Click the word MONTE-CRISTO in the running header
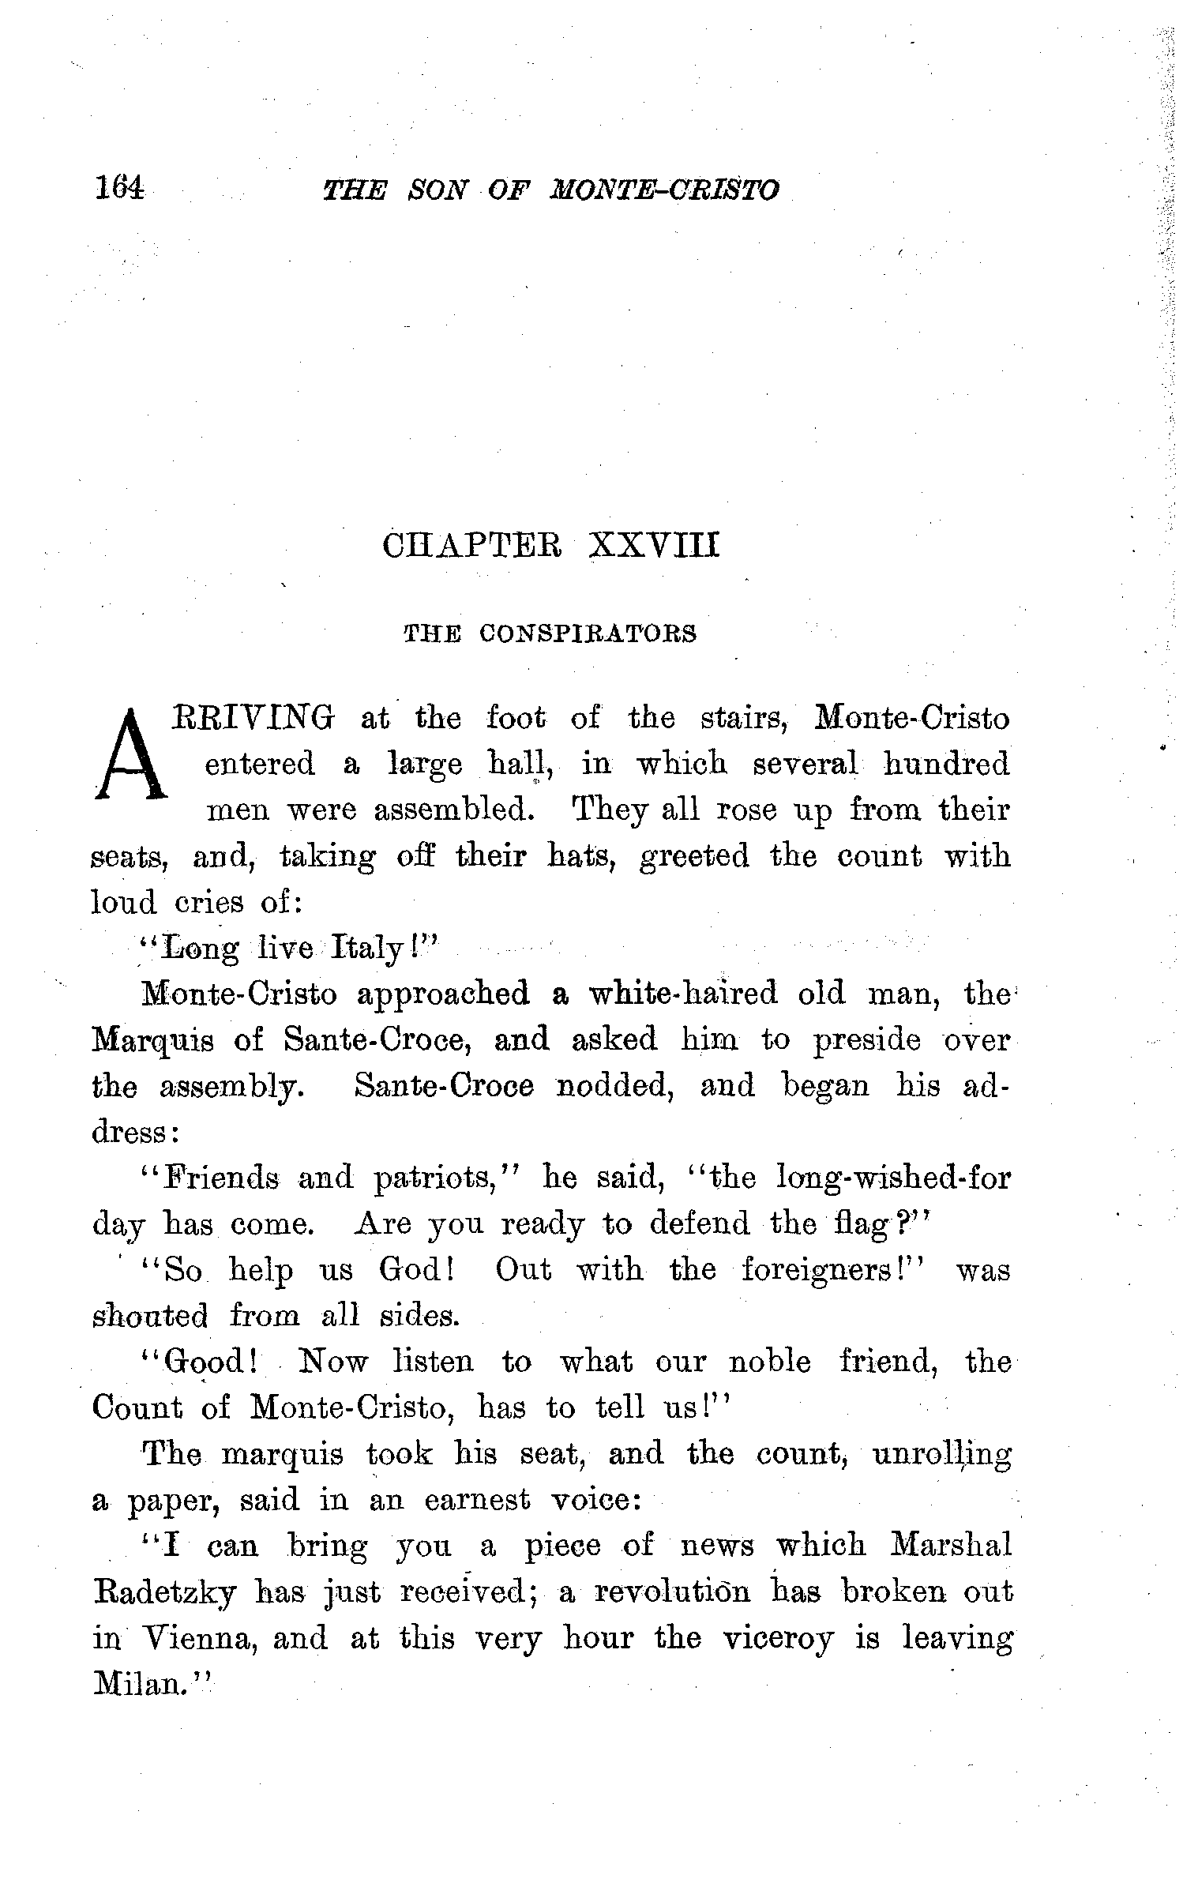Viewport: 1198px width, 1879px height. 665,190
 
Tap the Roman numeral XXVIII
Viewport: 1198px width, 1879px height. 655,546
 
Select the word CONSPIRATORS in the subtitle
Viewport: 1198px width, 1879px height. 588,633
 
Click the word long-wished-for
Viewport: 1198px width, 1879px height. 892,1178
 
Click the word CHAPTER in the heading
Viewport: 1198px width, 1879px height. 471,546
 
